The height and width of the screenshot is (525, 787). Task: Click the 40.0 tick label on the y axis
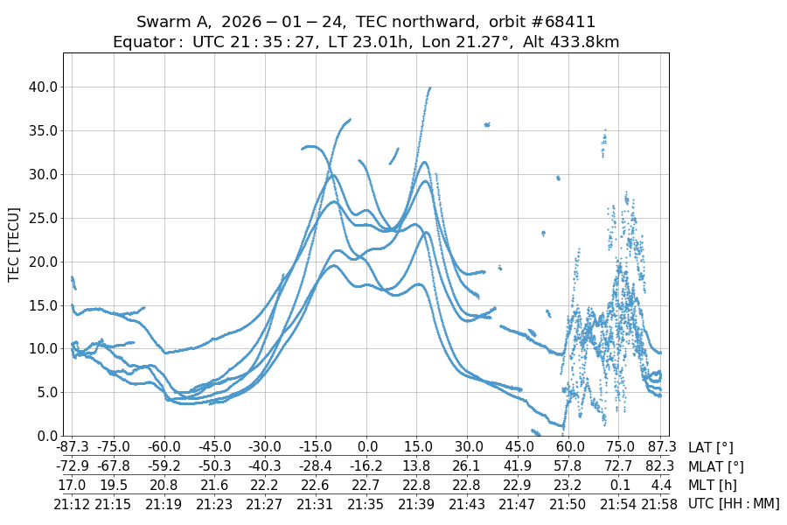[x=42, y=87]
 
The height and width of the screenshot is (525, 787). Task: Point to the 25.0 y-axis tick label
[x=42, y=218]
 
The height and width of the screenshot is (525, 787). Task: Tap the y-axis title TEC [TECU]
[x=14, y=244]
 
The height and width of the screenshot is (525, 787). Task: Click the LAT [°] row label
[x=711, y=448]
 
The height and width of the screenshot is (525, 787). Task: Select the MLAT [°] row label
[x=716, y=466]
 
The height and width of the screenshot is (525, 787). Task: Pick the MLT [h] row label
[x=713, y=485]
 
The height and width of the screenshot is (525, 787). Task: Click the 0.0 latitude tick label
[x=368, y=448]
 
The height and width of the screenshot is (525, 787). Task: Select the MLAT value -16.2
[x=368, y=466]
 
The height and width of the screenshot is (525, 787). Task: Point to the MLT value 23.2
[x=569, y=485]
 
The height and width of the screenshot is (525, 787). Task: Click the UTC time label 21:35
[x=368, y=503]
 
